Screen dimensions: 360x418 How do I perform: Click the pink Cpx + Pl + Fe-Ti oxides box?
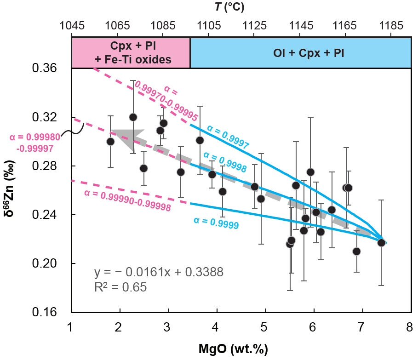(x=131, y=53)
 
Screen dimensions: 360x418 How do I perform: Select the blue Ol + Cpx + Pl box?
(x=300, y=53)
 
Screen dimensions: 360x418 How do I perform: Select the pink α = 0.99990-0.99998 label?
(x=127, y=200)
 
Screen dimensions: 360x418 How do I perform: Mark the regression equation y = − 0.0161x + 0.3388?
(x=159, y=273)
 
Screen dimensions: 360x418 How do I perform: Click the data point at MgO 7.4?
(x=381, y=242)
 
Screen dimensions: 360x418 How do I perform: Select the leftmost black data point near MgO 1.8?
(x=110, y=142)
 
